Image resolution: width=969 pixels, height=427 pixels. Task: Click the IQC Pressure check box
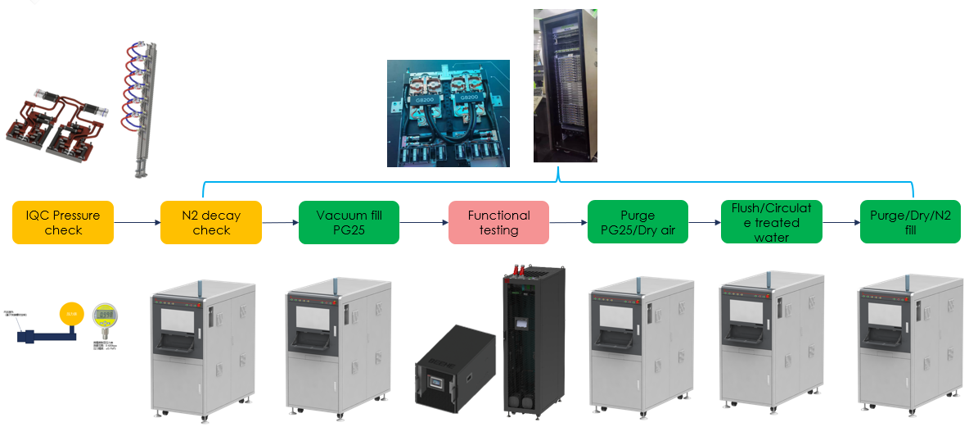click(63, 222)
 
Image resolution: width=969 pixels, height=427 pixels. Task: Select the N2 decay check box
click(211, 222)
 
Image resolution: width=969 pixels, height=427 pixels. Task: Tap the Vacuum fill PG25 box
click(349, 222)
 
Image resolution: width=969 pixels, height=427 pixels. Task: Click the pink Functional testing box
click(498, 222)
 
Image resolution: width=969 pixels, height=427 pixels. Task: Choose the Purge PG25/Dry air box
click(638, 222)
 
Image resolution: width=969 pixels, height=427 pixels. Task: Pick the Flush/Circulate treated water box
click(772, 222)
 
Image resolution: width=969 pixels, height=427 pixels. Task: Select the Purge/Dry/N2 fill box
click(910, 222)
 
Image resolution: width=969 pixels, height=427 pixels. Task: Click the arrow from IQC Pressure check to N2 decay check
click(137, 222)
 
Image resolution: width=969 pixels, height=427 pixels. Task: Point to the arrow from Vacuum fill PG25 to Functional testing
click(424, 222)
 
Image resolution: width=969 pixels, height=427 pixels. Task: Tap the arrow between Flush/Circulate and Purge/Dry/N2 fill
click(841, 222)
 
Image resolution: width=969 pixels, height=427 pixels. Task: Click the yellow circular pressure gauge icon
click(71, 313)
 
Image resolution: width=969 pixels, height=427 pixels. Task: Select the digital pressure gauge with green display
click(103, 316)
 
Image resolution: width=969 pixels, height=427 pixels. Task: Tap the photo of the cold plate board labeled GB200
click(448, 113)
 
